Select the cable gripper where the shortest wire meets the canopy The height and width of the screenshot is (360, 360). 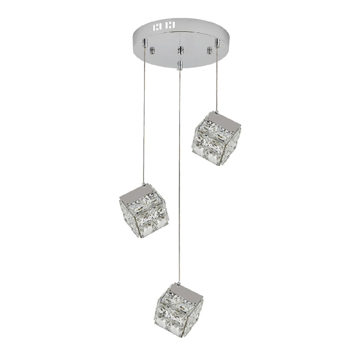click(218, 42)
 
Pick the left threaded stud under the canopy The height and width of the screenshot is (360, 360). click(152, 50)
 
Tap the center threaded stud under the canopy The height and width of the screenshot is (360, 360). click(180, 50)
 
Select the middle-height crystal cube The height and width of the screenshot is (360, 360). click(144, 212)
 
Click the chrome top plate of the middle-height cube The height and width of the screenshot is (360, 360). click(142, 192)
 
